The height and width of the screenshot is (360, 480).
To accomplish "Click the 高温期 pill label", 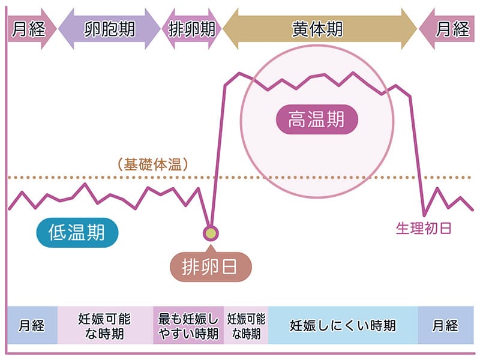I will coord(316,119).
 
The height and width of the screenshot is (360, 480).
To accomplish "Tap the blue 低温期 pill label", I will coord(76,233).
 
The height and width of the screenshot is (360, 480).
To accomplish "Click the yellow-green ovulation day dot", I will coord(211,232).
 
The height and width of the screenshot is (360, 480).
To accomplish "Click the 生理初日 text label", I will coord(423,228).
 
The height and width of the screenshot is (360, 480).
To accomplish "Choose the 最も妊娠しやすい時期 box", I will coord(188,325).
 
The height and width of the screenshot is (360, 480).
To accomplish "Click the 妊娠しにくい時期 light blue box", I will coord(343,325).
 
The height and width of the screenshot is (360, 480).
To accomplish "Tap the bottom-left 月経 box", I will coord(32,325).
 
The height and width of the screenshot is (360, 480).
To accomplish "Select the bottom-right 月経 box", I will coord(445,325).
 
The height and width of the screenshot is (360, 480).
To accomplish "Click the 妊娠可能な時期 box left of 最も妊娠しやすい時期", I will coord(105,325).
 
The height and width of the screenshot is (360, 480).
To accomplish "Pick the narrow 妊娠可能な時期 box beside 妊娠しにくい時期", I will coord(246,325).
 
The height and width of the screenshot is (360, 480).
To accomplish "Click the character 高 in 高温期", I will coord(298,119).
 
